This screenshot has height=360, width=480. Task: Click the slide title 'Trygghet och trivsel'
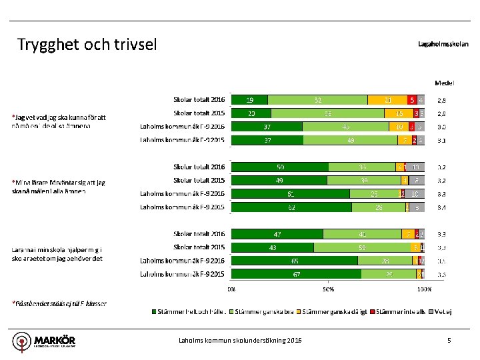pos(87,45)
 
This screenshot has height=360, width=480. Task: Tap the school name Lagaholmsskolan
pos(443,45)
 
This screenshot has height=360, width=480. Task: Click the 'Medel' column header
pos(444,83)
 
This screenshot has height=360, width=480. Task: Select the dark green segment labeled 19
pos(249,100)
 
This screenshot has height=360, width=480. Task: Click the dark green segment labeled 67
pos(295,274)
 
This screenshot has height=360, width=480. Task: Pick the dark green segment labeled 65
pos(293,261)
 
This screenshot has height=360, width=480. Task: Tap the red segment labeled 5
pos(412,100)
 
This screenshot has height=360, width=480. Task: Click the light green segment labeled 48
pos(351,140)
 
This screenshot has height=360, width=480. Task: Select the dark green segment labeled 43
pos(273,247)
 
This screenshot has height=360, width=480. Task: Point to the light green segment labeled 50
pos(362,247)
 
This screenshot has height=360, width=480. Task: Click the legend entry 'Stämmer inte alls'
pos(397,311)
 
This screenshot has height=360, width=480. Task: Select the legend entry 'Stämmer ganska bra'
pos(265,311)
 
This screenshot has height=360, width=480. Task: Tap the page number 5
pos(449,341)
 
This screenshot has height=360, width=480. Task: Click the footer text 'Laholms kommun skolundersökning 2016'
pos(240,341)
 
